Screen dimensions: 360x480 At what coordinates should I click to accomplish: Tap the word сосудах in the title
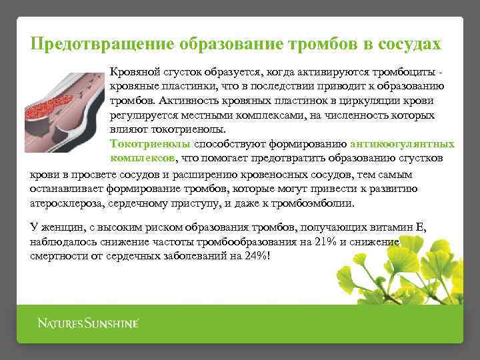[x=408, y=44]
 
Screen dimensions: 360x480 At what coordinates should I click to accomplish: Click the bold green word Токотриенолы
[x=150, y=144]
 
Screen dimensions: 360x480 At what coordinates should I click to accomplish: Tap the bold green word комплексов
[x=141, y=159]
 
